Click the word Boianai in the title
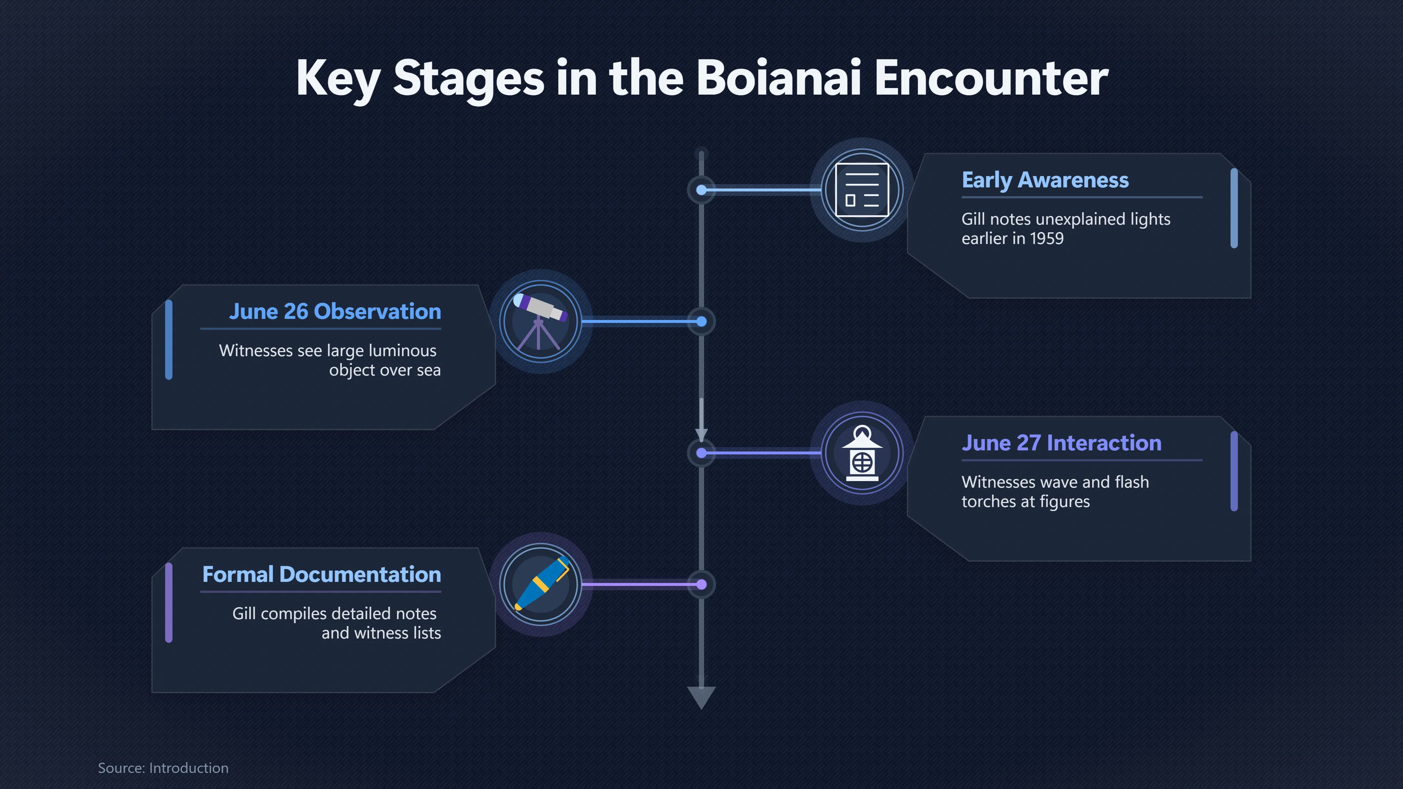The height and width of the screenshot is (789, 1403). tap(779, 77)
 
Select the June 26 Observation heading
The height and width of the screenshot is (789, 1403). tap(335, 312)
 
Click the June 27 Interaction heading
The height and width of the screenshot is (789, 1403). tap(1061, 443)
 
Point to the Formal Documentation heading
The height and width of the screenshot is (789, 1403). tap(322, 575)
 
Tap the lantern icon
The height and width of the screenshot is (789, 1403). tap(862, 453)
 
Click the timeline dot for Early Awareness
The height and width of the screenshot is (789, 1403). tap(701, 190)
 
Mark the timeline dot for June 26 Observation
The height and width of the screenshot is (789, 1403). tap(701, 322)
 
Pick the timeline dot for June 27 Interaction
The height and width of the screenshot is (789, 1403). tap(701, 453)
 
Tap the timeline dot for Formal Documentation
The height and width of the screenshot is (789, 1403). tap(701, 584)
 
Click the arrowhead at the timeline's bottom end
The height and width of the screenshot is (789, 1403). tap(701, 697)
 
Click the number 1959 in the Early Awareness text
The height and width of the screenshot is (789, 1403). tap(1046, 239)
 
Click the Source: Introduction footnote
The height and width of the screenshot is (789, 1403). tap(163, 768)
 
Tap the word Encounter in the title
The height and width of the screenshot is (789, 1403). tap(991, 77)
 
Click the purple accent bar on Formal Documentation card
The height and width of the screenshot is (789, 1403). tap(169, 603)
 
